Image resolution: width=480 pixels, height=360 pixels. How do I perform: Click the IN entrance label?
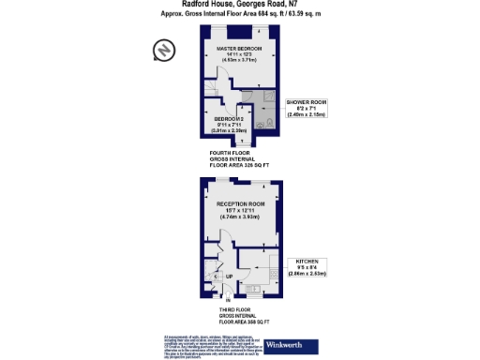coord(227,301)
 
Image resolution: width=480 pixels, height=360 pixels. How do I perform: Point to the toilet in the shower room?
coord(268,123)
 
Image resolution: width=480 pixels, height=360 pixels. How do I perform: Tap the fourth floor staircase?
coord(215,94)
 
